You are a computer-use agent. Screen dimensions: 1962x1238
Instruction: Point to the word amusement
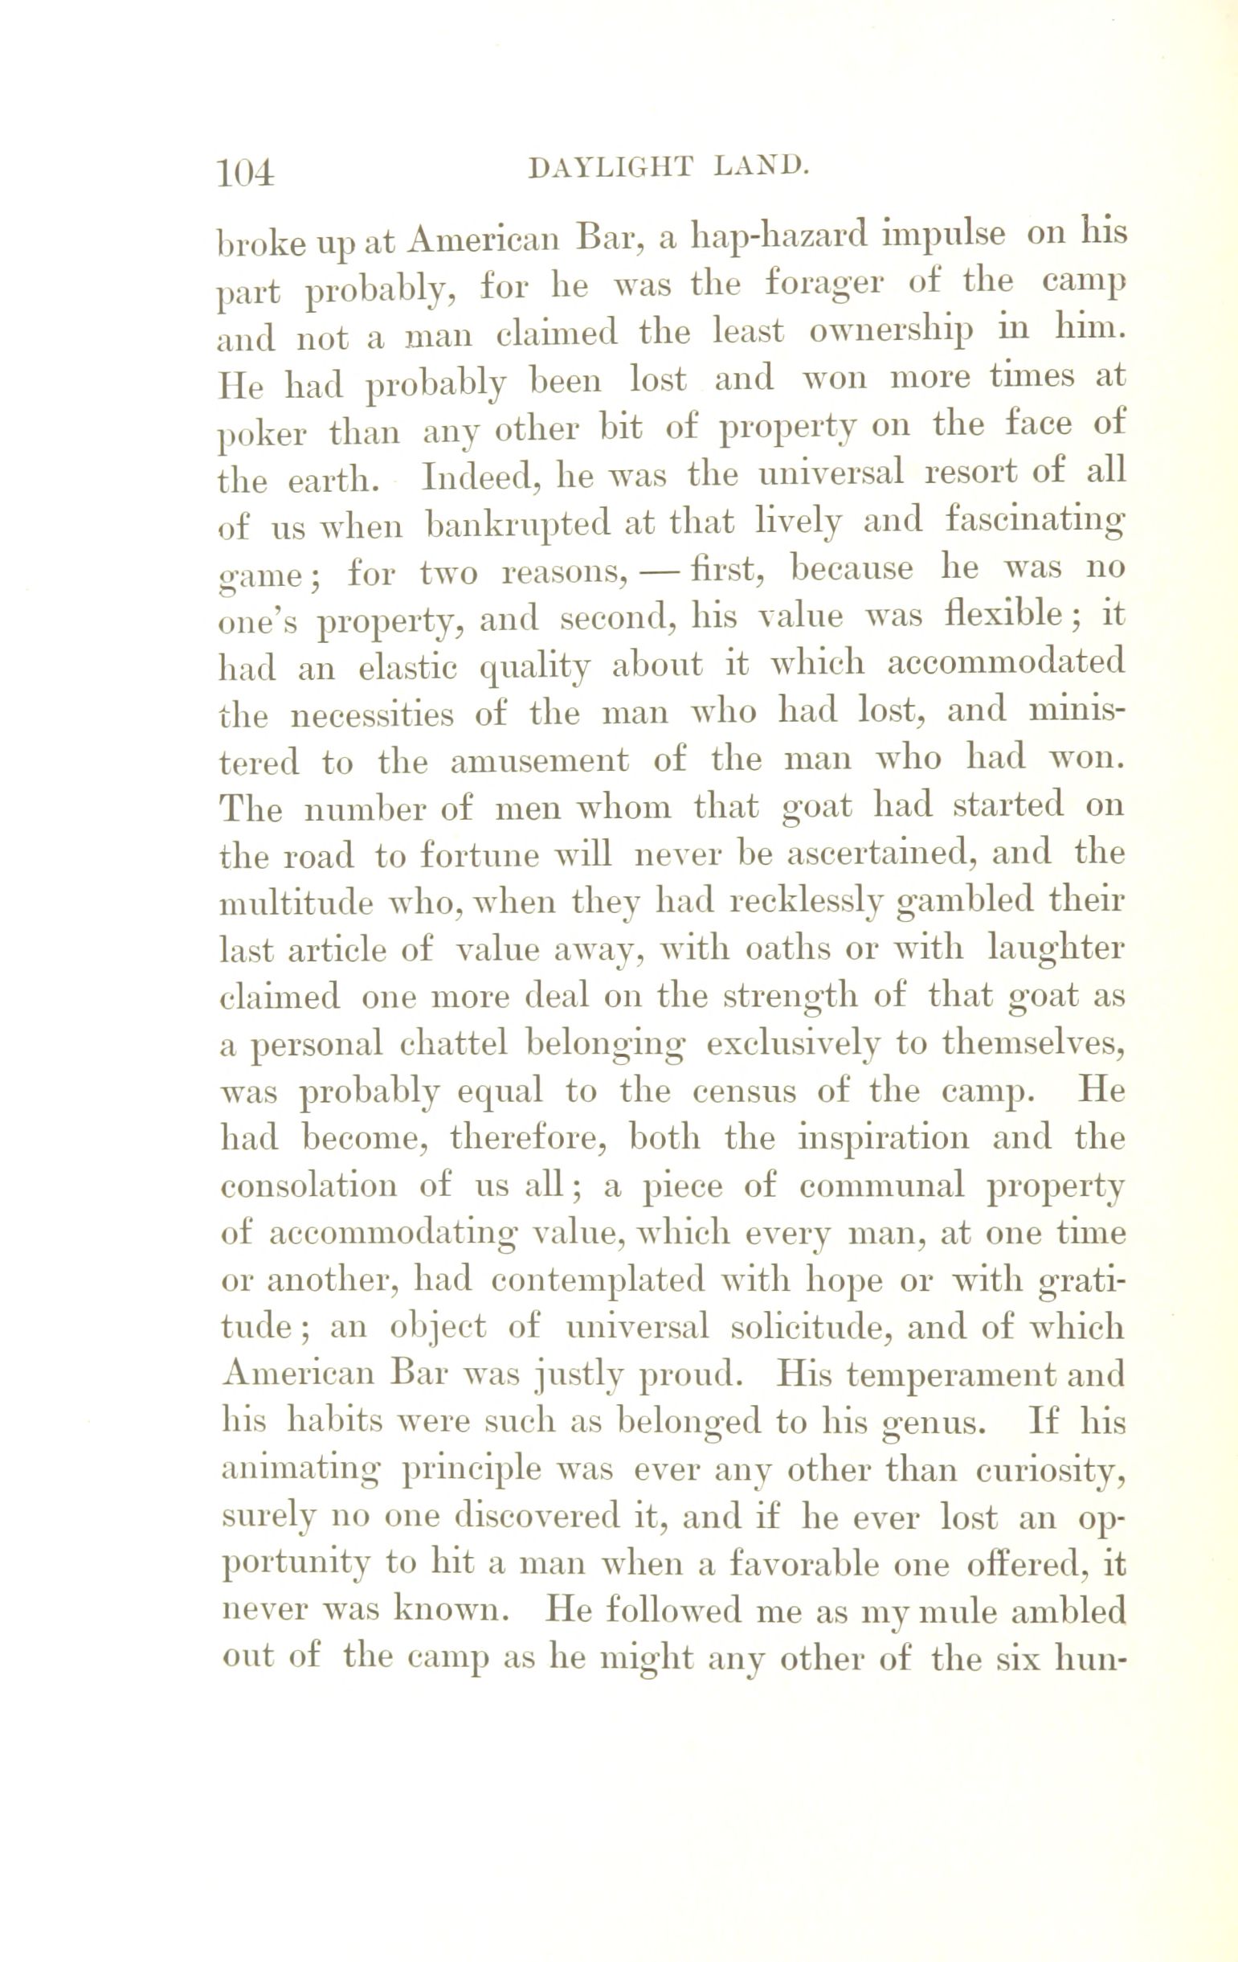539,762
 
